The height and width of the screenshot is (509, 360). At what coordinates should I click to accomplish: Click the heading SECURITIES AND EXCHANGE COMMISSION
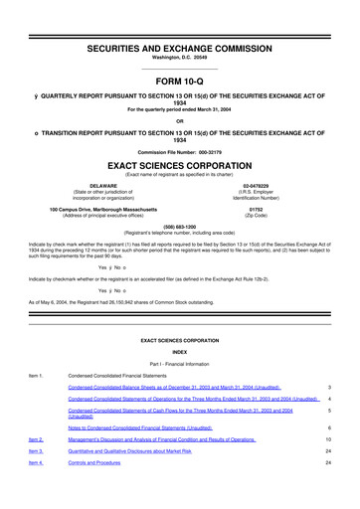pyautogui.click(x=180, y=22)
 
